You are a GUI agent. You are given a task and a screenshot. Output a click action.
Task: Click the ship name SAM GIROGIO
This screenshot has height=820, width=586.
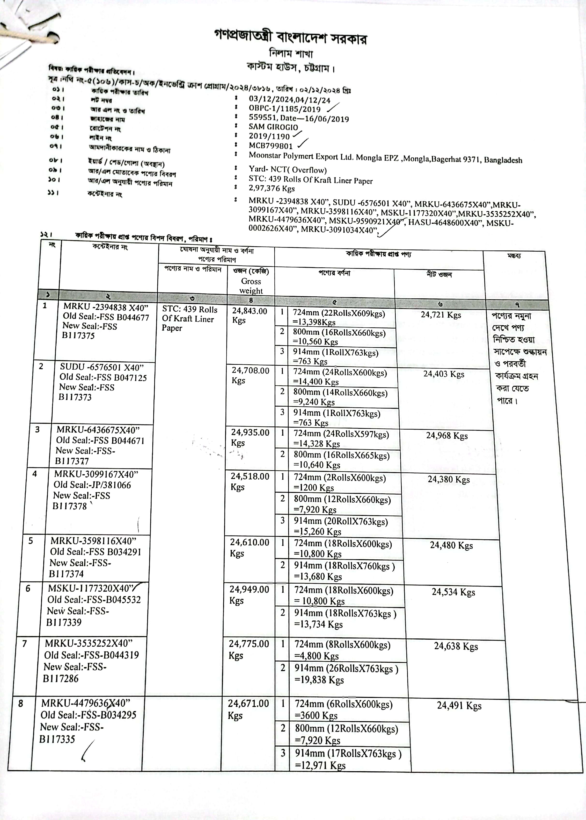(x=273, y=127)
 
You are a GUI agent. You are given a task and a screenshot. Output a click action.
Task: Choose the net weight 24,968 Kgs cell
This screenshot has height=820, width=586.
(x=447, y=436)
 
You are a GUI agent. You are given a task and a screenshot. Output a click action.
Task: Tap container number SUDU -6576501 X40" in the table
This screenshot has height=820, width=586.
(x=102, y=367)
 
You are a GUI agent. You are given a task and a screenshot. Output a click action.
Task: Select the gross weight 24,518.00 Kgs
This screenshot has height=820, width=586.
(x=250, y=481)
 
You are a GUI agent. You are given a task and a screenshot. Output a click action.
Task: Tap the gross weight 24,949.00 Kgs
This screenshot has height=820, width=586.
(x=249, y=594)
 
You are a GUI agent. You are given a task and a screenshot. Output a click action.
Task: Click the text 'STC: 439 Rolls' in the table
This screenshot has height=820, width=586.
(x=190, y=309)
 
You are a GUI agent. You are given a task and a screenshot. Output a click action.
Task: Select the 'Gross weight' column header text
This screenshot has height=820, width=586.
(x=251, y=286)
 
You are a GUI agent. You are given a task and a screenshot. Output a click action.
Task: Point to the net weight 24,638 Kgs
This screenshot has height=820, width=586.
(x=456, y=646)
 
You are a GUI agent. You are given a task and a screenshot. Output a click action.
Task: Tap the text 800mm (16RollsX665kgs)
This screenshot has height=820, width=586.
(x=341, y=456)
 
